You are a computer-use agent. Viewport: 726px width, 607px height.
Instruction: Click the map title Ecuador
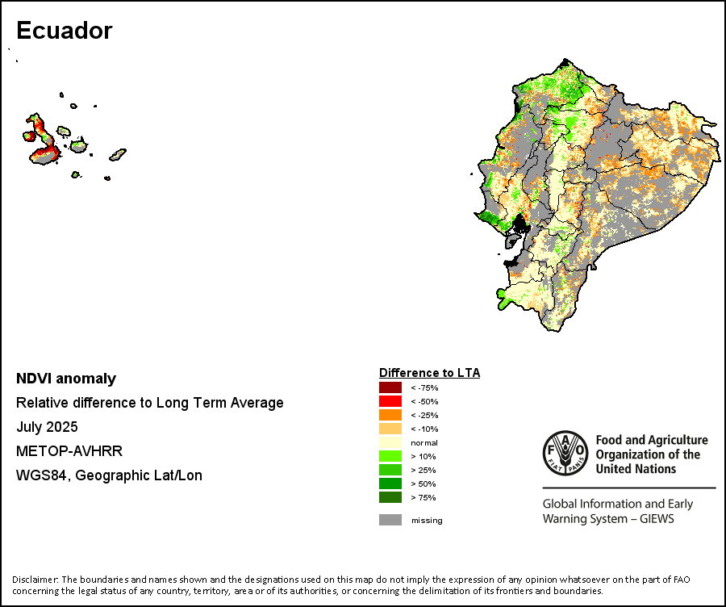point(64,31)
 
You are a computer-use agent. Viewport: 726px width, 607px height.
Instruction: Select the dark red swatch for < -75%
point(390,387)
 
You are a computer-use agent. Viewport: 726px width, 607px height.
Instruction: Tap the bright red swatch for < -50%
point(390,401)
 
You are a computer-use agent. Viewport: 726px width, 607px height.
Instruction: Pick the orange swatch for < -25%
point(390,415)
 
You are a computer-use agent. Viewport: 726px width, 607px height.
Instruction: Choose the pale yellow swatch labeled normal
point(390,442)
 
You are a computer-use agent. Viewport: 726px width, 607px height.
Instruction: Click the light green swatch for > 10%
point(390,456)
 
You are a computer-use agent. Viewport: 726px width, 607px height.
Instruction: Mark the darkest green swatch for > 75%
point(390,497)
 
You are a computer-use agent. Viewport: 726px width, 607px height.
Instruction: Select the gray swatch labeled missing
point(390,520)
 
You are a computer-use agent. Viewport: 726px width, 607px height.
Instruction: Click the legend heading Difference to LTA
point(429,373)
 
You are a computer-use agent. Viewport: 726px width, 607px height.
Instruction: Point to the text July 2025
point(47,427)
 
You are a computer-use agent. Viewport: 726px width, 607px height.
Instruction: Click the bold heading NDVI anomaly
point(66,379)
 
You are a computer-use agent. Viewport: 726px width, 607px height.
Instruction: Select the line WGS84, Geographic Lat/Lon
point(109,475)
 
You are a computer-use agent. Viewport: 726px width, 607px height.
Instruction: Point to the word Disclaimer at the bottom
point(34,580)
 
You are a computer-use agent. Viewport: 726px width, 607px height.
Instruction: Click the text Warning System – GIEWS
point(608,519)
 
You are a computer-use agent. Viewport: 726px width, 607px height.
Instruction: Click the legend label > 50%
point(423,484)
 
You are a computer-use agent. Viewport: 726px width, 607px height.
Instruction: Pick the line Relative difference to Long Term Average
point(149,403)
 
